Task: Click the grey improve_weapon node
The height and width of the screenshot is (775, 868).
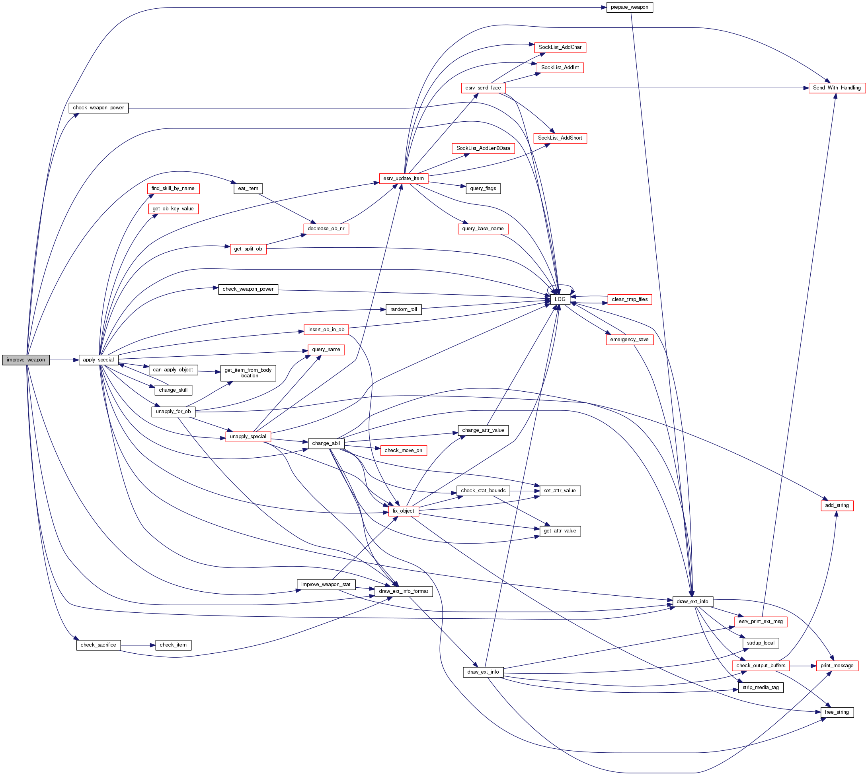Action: [x=25, y=360]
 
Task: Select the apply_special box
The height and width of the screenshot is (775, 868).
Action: [x=98, y=360]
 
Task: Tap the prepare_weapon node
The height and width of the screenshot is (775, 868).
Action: [x=629, y=7]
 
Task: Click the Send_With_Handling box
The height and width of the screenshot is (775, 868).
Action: [x=837, y=88]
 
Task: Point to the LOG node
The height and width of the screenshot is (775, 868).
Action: [x=560, y=299]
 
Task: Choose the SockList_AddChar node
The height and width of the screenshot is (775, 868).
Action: [x=560, y=47]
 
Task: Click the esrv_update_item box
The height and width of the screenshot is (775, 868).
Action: [x=403, y=179]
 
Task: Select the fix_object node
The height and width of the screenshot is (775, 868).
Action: [x=403, y=511]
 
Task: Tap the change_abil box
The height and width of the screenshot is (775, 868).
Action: [x=326, y=443]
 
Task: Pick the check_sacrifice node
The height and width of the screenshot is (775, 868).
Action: [x=98, y=645]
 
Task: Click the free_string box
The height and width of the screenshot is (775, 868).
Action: [x=837, y=712]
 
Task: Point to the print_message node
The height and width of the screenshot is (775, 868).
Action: [x=837, y=666]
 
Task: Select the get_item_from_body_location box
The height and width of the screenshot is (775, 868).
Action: [x=248, y=373]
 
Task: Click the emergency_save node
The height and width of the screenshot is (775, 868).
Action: [x=629, y=340]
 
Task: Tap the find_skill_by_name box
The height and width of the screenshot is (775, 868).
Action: [x=173, y=188]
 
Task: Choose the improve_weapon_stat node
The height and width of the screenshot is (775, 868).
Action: [x=326, y=585]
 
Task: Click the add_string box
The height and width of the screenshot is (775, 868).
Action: [x=837, y=505]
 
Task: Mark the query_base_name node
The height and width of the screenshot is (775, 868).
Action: [x=483, y=229]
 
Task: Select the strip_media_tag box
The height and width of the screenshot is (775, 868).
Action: [x=760, y=688]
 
